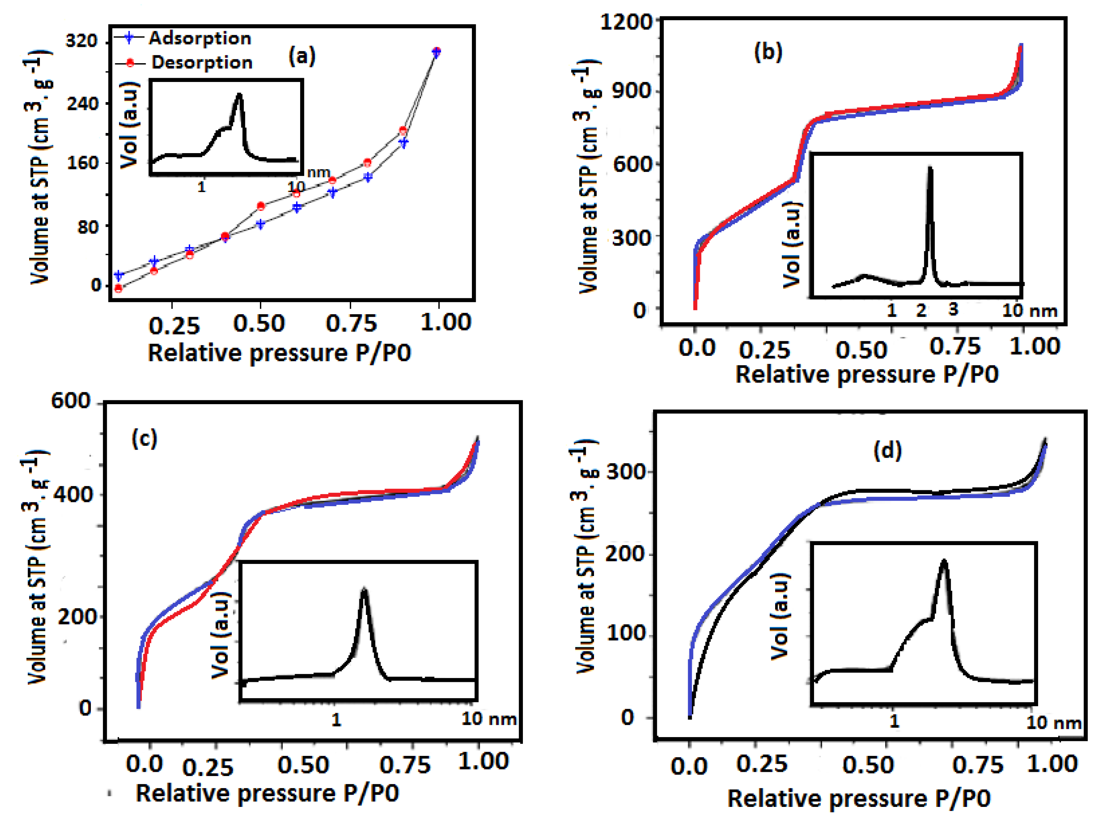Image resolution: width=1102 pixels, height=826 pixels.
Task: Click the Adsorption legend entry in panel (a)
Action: pyautogui.click(x=199, y=39)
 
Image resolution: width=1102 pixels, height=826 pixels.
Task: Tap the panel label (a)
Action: pyautogui.click(x=302, y=56)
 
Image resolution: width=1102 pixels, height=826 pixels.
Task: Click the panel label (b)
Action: pyautogui.click(x=768, y=51)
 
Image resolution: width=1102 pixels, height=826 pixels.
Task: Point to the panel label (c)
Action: pyautogui.click(x=144, y=438)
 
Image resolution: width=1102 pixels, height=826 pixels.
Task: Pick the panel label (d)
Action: pyautogui.click(x=888, y=451)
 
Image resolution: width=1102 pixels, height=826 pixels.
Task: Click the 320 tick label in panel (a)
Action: pyautogui.click(x=82, y=40)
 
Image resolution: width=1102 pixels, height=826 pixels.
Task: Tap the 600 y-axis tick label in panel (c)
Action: pyautogui.click(x=71, y=401)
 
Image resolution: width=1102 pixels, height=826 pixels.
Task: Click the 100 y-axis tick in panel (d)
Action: pyautogui.click(x=626, y=634)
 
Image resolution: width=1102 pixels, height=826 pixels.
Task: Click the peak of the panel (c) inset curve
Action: pyautogui.click(x=364, y=591)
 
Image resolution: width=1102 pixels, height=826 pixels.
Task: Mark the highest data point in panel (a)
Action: pyautogui.click(x=436, y=51)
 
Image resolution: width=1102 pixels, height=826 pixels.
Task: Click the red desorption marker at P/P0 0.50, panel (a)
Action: pyautogui.click(x=261, y=206)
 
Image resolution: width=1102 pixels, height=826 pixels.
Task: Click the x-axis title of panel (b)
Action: pyautogui.click(x=867, y=374)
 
